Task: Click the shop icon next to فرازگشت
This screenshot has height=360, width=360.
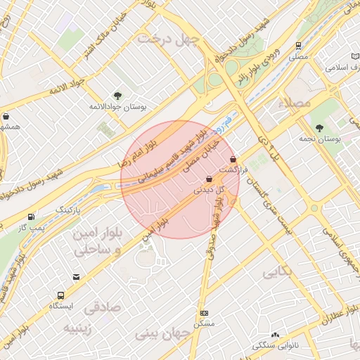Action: point(243,160)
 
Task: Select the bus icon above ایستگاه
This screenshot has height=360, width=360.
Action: point(61,295)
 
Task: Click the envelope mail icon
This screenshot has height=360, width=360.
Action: point(76,277)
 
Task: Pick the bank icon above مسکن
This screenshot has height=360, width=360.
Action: point(204,313)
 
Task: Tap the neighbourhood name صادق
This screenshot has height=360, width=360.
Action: point(102,308)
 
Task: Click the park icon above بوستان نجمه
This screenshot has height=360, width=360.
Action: point(319,128)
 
